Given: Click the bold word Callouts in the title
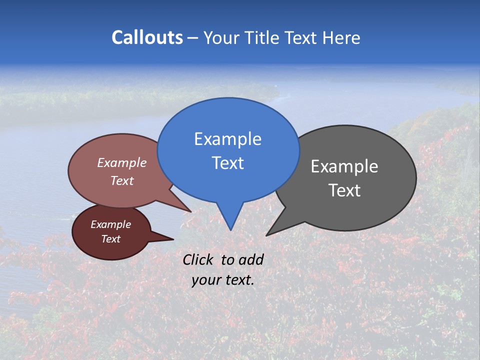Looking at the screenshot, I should [x=147, y=37].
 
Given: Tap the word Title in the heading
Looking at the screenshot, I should [x=263, y=37].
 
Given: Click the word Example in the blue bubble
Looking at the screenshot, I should [x=227, y=139].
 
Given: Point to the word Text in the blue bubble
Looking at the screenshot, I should [x=227, y=163].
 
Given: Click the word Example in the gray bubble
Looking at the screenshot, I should [x=344, y=166].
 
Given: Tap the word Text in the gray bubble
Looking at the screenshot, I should [x=344, y=190].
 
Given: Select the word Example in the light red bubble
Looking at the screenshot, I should [x=122, y=163].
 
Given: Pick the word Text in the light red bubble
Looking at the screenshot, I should [x=122, y=180].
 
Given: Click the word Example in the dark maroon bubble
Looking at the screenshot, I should [x=110, y=224].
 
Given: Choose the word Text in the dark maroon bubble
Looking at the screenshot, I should [x=110, y=239].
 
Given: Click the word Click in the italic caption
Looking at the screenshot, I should [x=199, y=259].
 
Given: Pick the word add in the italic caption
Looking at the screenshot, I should [x=250, y=259].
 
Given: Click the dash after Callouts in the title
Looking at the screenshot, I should [x=192, y=38].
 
